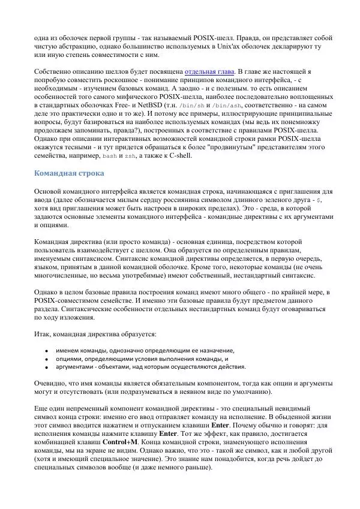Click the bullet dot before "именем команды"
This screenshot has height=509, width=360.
click(x=47, y=351)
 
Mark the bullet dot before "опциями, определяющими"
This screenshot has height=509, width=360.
click(x=47, y=359)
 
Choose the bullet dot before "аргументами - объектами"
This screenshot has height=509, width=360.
click(x=47, y=368)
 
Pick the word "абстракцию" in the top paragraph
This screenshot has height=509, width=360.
click(x=76, y=46)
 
